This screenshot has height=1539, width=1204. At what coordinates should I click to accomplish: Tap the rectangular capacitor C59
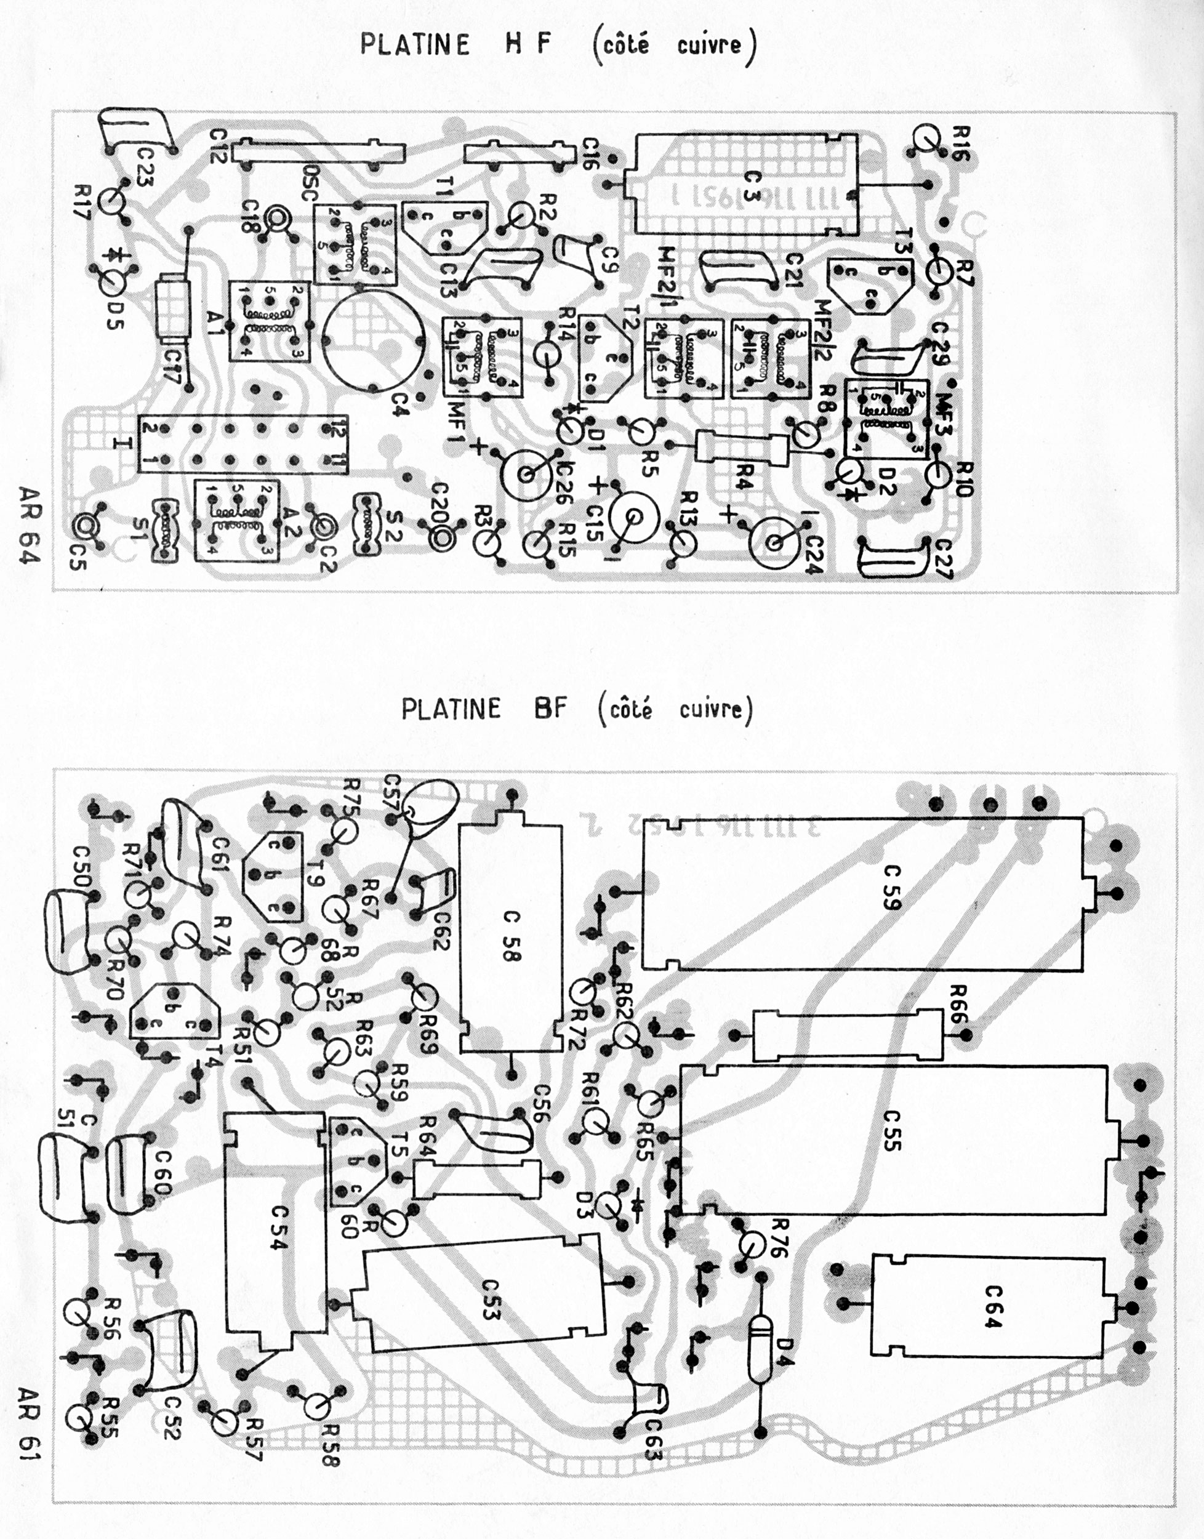(x=861, y=893)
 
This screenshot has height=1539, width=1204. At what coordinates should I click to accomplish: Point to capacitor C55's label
(x=891, y=1130)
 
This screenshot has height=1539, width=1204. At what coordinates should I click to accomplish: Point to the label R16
(x=961, y=143)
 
